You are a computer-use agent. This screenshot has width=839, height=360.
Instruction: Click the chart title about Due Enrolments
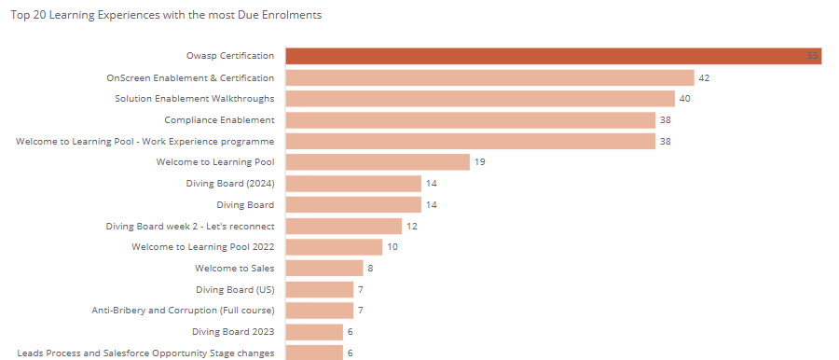click(x=166, y=15)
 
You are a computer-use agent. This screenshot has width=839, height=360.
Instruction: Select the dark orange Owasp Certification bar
click(x=553, y=56)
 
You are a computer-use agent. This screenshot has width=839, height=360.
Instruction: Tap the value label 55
click(x=813, y=56)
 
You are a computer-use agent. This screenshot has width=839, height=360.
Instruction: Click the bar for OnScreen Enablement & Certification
click(x=490, y=77)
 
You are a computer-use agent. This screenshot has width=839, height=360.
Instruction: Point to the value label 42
click(x=704, y=77)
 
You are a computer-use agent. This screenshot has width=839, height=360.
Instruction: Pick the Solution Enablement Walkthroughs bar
click(x=480, y=99)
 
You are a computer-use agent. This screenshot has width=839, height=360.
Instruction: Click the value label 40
click(x=685, y=99)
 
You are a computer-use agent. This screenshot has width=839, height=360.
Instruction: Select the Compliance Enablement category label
click(x=219, y=120)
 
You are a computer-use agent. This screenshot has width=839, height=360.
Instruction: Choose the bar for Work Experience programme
click(x=471, y=141)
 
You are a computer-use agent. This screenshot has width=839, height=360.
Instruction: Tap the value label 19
click(x=480, y=161)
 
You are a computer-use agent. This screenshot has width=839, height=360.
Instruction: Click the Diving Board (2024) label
click(x=230, y=183)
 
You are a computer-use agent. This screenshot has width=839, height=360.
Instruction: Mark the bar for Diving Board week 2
click(x=343, y=226)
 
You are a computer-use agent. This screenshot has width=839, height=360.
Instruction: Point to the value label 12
click(x=411, y=226)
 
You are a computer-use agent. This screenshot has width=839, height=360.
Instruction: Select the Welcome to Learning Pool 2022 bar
click(x=334, y=247)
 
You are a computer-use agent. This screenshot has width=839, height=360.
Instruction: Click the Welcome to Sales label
click(x=234, y=268)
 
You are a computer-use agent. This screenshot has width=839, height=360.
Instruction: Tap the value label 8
click(x=370, y=269)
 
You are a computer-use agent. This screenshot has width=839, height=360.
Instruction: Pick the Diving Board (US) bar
click(x=320, y=289)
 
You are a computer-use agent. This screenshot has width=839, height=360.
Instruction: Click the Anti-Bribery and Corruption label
click(x=183, y=311)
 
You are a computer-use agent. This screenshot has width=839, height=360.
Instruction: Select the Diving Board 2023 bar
click(x=314, y=332)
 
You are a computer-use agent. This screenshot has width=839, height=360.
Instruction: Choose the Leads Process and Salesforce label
click(x=146, y=353)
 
